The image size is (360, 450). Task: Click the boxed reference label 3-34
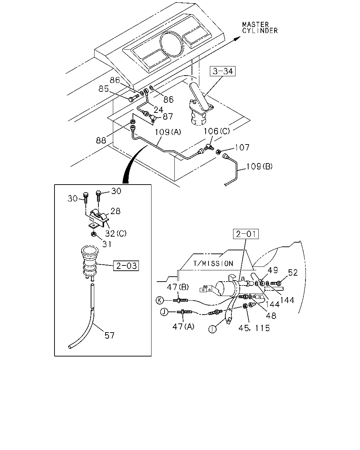point(223,71)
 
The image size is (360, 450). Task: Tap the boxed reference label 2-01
point(246,234)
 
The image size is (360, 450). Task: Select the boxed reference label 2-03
point(126,266)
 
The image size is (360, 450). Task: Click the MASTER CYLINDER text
point(260,28)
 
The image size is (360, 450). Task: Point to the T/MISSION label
point(213,263)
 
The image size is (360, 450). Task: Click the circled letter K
point(160,301)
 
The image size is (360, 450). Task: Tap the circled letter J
point(164,312)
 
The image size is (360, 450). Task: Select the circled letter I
point(212,329)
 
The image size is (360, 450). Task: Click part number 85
point(104,89)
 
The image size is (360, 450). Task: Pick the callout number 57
point(109,336)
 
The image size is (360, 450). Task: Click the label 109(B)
point(259,166)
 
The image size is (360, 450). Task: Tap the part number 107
point(242,147)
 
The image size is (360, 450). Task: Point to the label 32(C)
point(116,233)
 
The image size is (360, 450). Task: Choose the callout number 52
point(292,273)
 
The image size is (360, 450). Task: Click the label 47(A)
point(183,326)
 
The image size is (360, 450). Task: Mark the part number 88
point(101,140)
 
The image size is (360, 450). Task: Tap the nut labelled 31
point(94,234)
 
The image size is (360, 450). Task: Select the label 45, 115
point(254,328)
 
